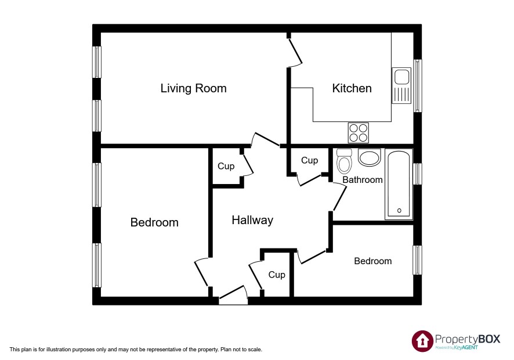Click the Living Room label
point(193,88)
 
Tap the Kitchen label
point(352,88)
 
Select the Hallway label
point(252,220)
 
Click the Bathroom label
point(363,180)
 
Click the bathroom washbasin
point(370,157)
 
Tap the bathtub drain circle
point(399,211)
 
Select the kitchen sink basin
point(401,77)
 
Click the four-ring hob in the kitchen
point(359,132)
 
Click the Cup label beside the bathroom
point(309,160)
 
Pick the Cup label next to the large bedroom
point(226,167)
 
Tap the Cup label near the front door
point(277,275)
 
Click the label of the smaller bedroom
point(372,261)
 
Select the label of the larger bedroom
point(154,222)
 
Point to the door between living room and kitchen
point(295,51)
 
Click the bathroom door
point(339,198)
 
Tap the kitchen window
point(417,86)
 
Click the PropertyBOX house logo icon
point(422,341)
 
